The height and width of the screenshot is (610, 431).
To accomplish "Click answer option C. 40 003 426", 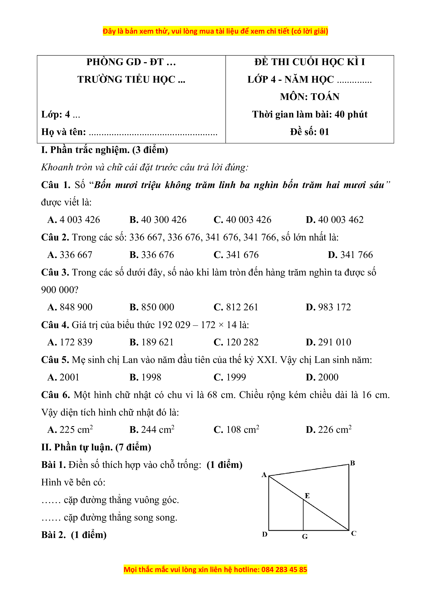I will point(242,220).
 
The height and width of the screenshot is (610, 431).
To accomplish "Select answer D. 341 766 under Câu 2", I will point(350,255).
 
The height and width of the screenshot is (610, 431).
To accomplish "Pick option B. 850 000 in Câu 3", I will point(152,307).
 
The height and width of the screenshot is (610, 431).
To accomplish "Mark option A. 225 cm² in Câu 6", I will point(70,430).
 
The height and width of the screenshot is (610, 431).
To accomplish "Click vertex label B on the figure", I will point(352,463).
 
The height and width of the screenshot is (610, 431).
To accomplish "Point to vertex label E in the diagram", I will point(307,496).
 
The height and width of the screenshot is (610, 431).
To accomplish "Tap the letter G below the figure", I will point(305,537).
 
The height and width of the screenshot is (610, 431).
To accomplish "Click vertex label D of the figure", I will point(265,534).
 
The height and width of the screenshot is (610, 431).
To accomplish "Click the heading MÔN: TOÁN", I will point(309,97).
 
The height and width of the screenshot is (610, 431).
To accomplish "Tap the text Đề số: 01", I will point(309,132).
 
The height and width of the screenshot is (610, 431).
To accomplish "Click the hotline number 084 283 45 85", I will point(284,570).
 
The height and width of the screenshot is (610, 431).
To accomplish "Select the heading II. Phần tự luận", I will point(96,447).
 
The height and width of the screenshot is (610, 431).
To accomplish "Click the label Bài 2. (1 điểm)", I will point(74,535).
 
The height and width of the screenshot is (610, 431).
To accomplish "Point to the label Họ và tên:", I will point(64,132).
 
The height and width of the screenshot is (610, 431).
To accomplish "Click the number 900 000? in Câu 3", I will point(60,290).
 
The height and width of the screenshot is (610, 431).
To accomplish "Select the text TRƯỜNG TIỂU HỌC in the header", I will point(126,80).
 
